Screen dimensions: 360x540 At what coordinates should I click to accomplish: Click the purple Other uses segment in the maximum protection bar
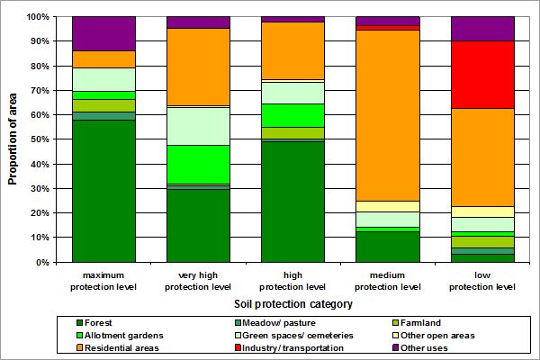coord(103,33)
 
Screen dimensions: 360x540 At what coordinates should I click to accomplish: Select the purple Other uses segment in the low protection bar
coord(482,29)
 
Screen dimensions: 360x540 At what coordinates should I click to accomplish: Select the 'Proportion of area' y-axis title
coord(13,139)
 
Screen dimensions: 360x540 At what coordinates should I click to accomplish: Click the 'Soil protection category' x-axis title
coord(292,304)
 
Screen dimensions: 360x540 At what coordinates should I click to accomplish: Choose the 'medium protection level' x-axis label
coord(388,281)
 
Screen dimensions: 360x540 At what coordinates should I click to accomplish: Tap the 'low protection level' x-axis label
coord(482,281)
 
